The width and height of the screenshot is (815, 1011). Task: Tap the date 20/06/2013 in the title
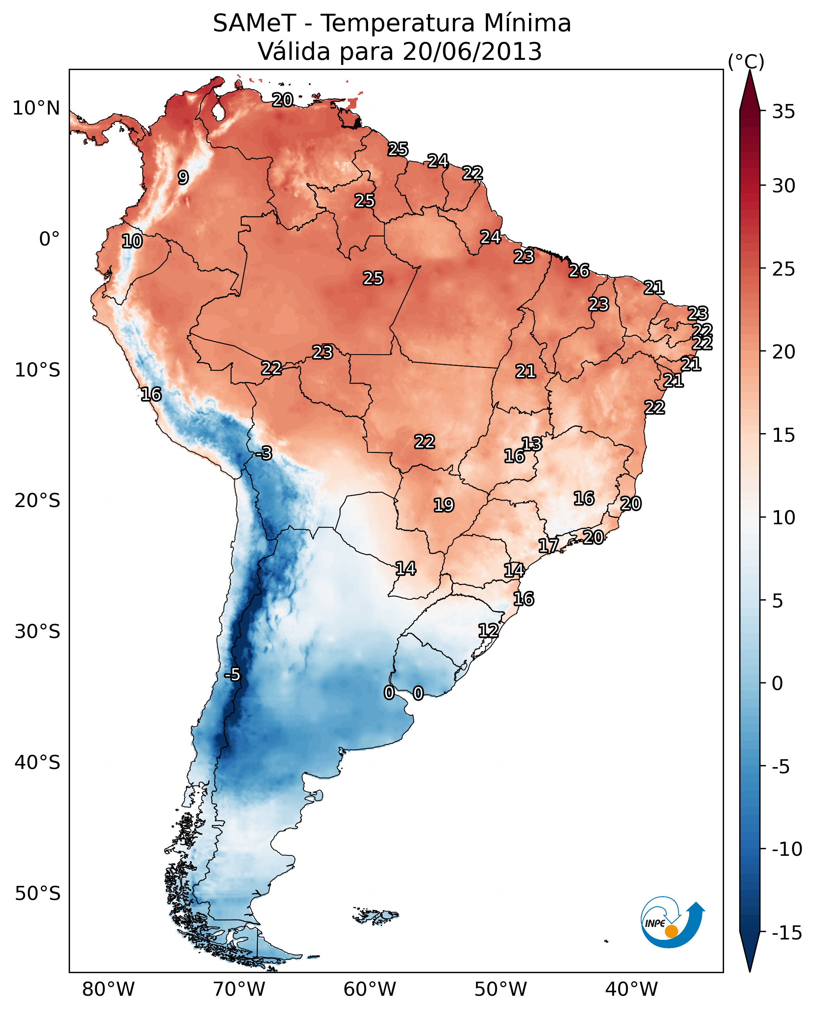(x=472, y=52)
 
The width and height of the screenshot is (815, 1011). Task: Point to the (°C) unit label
(x=745, y=61)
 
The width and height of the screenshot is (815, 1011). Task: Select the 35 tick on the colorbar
(x=783, y=112)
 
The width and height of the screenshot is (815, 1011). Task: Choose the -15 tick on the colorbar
(x=787, y=933)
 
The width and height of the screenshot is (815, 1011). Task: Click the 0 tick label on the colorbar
(x=777, y=683)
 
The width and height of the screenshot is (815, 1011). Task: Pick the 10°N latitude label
(x=36, y=109)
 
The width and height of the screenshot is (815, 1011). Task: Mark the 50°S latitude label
(x=38, y=894)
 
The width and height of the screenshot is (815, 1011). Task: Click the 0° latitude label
(x=49, y=239)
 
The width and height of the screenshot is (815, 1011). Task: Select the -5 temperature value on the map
(x=232, y=675)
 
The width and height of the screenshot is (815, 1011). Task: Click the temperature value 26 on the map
(x=579, y=271)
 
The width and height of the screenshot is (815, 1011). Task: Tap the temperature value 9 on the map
(x=183, y=177)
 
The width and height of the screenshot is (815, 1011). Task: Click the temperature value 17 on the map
(x=548, y=545)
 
